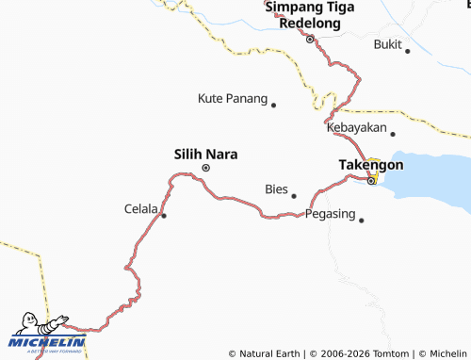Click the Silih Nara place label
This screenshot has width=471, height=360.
coord(205,152)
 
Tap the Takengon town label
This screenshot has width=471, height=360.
coord(370,164)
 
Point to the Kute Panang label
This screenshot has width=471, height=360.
coord(233,97)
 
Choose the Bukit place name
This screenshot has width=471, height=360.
coord(387,44)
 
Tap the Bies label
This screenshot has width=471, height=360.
coord(276,188)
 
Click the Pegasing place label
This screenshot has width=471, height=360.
coord(331,214)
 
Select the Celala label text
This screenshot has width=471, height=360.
coord(141,208)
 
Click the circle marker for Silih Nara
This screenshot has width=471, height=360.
coord(206,169)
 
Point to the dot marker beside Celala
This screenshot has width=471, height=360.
coord(164,216)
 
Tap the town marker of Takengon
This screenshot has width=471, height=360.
coord(371,180)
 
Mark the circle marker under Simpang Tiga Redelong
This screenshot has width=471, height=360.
coord(309,40)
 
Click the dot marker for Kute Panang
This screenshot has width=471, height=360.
coord(274,105)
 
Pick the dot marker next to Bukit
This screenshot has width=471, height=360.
coord(408,51)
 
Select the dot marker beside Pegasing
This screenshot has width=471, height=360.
coord(361,221)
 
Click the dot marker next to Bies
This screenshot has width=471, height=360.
coord(294,196)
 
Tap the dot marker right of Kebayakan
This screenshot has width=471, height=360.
coord(393,135)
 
